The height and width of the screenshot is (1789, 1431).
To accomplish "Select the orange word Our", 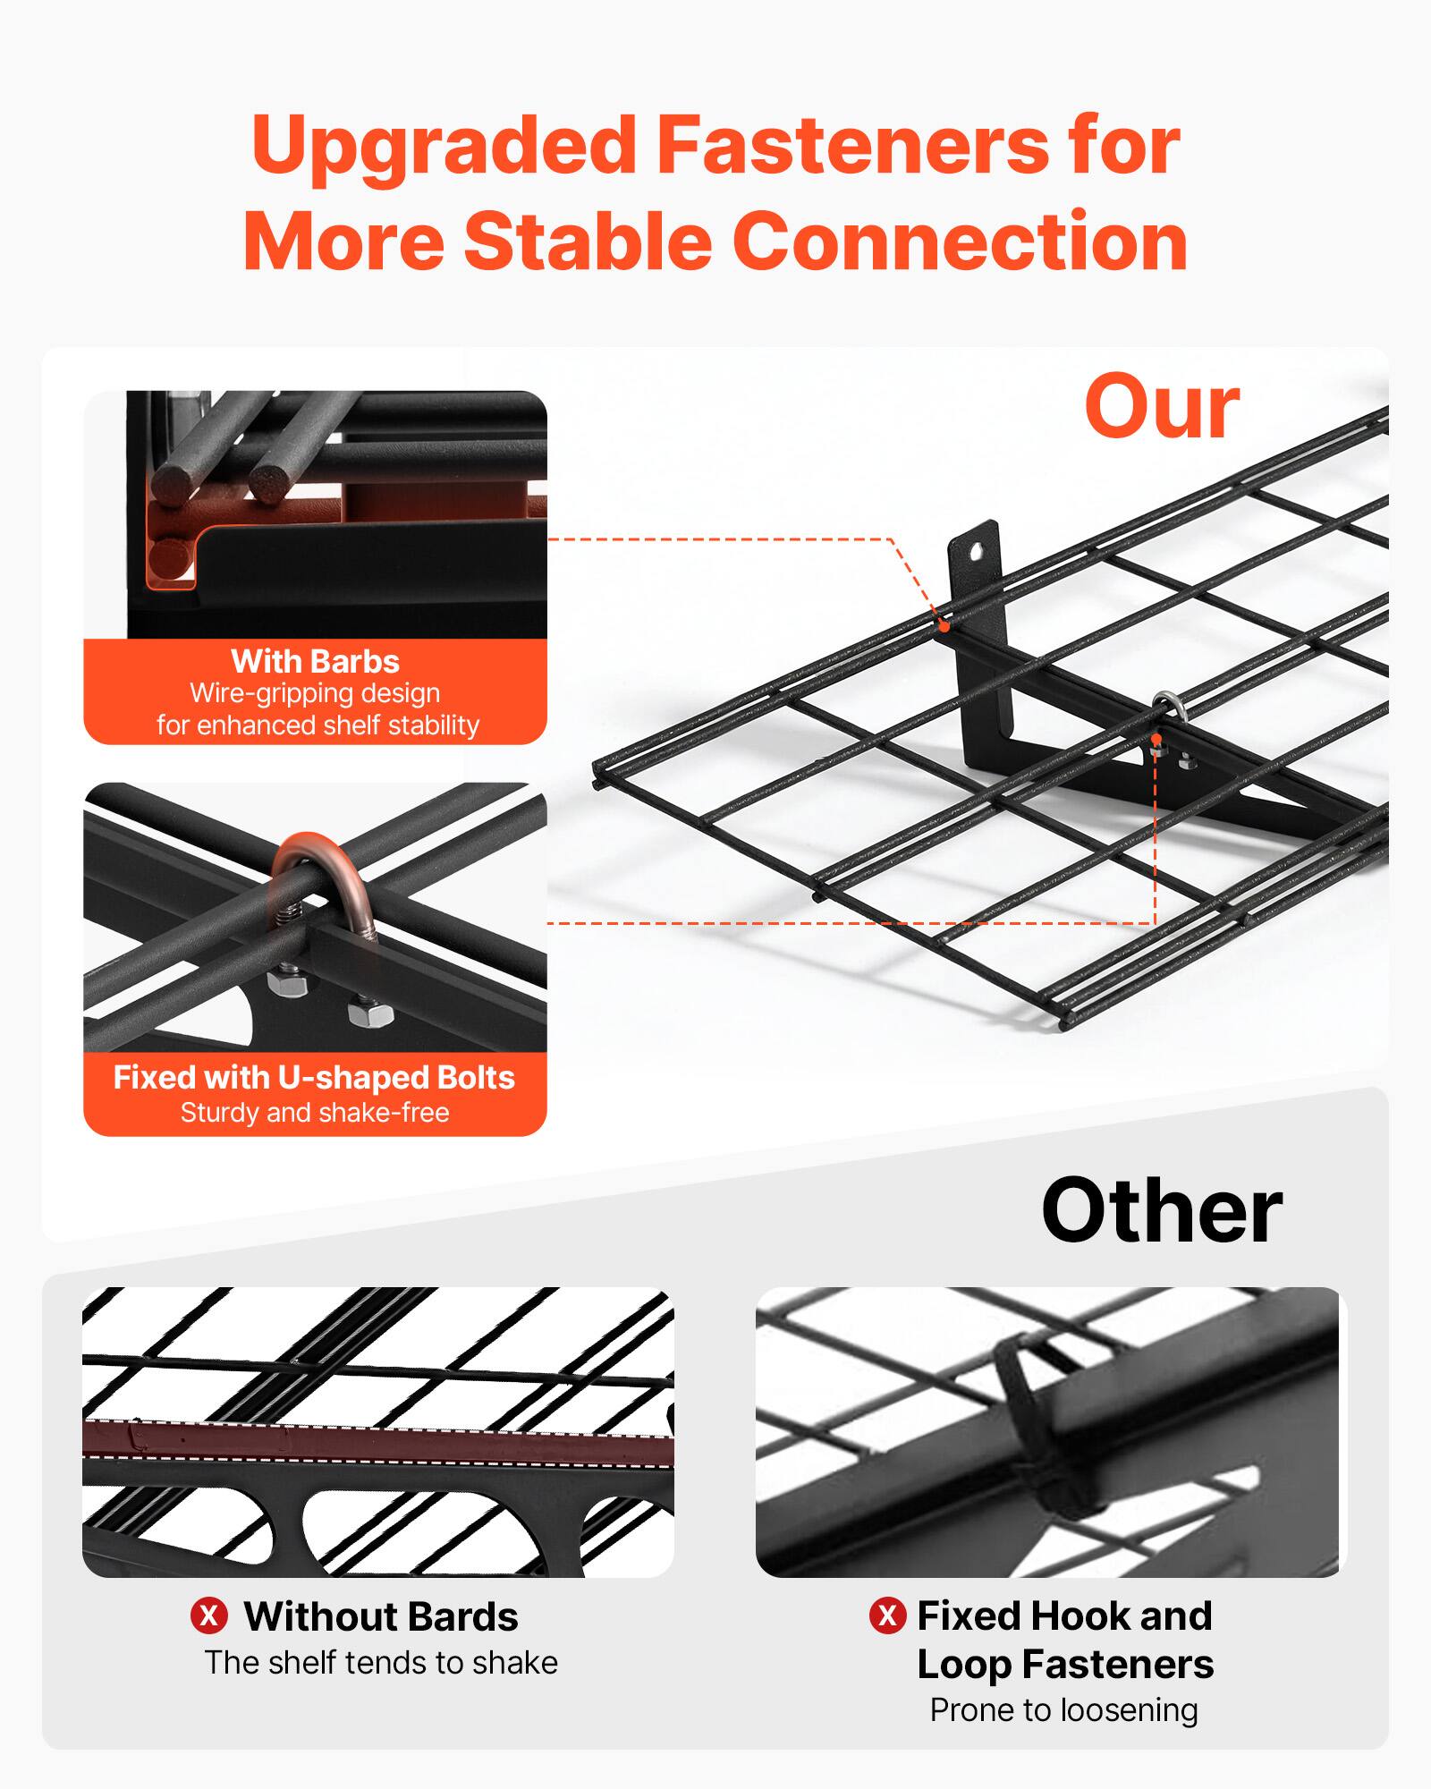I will [1161, 408].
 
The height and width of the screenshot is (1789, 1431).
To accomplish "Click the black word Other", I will [1161, 1211].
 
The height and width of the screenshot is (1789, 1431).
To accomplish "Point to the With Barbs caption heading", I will [315, 661].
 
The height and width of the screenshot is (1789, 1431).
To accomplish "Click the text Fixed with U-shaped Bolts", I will [314, 1077].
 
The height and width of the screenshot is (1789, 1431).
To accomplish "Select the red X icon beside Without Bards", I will [209, 1616].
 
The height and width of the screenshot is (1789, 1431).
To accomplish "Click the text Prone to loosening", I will [1063, 1709].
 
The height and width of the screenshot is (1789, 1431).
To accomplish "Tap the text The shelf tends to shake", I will [381, 1662].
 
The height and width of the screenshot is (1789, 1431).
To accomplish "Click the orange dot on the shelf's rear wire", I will [944, 627].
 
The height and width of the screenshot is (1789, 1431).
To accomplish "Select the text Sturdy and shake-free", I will [314, 1113].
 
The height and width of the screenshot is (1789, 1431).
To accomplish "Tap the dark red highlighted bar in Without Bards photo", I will [376, 1439].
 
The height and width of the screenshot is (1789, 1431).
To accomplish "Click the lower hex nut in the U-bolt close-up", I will [368, 1017].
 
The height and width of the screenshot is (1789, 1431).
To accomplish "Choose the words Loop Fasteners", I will [1065, 1665].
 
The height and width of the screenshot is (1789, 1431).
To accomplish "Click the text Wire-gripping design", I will [314, 693].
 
